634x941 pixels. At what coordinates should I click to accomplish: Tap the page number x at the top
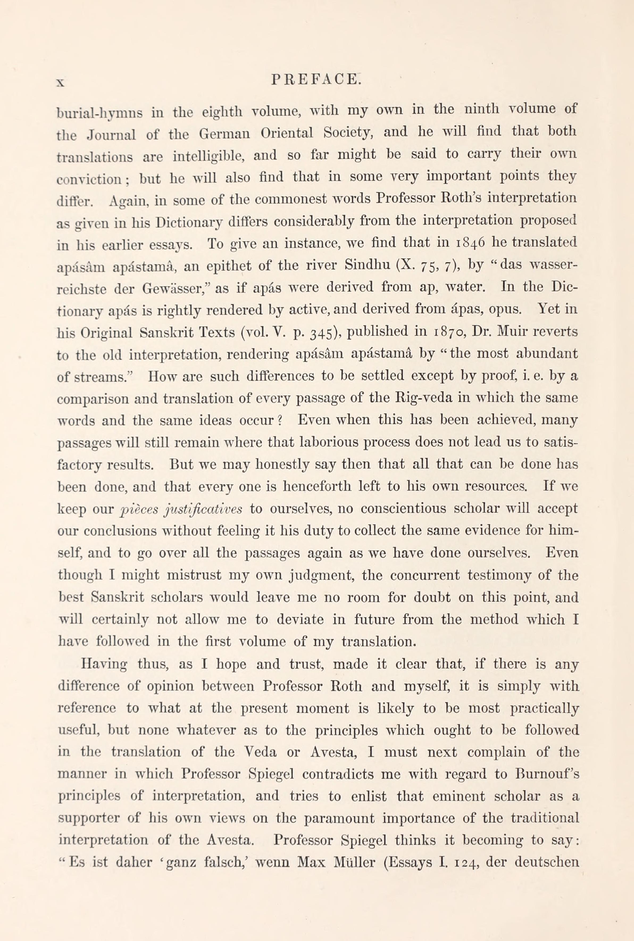60,82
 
